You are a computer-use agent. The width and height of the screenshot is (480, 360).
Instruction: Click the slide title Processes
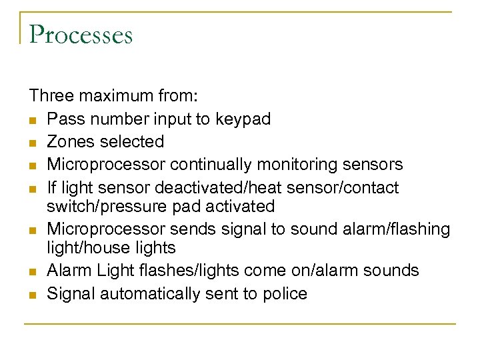(x=81, y=35)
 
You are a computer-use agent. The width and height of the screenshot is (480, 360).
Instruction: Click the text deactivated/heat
(x=215, y=187)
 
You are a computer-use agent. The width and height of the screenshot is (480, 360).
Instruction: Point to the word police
(x=285, y=293)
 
